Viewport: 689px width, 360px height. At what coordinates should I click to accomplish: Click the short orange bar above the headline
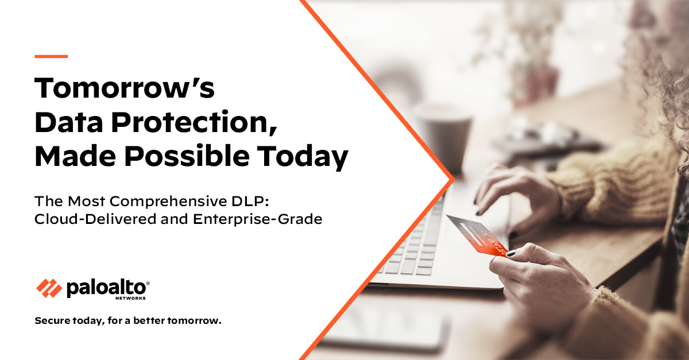[x=51, y=56]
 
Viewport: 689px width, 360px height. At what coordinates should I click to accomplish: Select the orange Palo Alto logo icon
[x=49, y=287]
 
